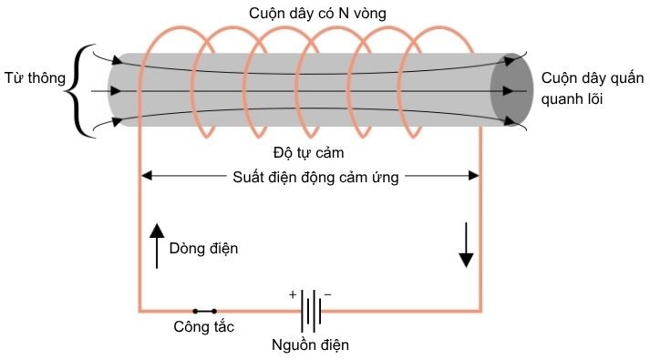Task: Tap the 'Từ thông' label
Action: tap(35, 79)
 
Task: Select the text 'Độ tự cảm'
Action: tap(308, 150)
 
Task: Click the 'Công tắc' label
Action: tap(203, 327)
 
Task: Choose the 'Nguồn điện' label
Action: tap(310, 345)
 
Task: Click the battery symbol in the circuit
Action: tap(310, 311)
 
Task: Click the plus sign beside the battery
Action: tap(293, 294)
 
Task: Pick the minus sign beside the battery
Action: tap(327, 294)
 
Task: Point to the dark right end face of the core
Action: tap(511, 91)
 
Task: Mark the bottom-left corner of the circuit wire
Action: tap(139, 311)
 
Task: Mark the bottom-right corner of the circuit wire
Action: tap(480, 311)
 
